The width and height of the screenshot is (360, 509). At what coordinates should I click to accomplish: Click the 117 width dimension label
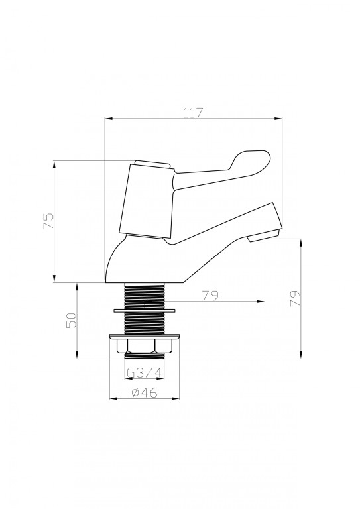193,113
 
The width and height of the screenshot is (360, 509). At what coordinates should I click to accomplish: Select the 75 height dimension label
49,221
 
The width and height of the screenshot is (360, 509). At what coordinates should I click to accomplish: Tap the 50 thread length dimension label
72,320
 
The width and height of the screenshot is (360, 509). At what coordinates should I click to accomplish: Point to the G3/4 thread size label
145,373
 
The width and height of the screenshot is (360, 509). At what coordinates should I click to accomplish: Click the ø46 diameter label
145,392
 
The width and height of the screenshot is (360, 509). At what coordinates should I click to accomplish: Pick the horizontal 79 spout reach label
210,296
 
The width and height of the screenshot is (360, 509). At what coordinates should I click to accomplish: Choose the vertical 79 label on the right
296,298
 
